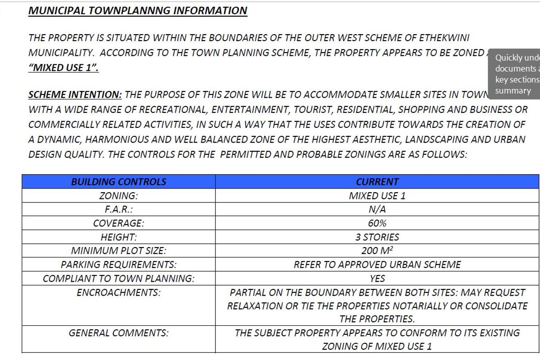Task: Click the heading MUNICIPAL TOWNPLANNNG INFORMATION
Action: (138, 10)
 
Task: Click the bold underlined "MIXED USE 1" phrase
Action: (63, 68)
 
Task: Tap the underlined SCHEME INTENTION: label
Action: (75, 95)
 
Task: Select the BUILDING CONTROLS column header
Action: (118, 182)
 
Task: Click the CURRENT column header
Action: (377, 182)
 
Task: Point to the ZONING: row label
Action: (118, 196)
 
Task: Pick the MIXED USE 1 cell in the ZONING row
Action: (377, 196)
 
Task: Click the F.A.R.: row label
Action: (118, 210)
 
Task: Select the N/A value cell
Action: (377, 210)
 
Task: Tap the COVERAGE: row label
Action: (118, 223)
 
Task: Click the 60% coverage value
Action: (377, 223)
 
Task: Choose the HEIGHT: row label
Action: (118, 237)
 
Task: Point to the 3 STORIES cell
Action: (377, 237)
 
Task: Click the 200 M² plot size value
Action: (377, 251)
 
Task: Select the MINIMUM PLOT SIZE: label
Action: (118, 251)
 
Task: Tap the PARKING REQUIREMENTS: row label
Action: (118, 265)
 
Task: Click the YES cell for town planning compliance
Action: (377, 279)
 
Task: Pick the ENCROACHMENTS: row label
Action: (118, 292)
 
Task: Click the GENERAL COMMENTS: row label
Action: (118, 333)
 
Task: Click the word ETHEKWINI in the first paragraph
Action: (443, 38)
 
